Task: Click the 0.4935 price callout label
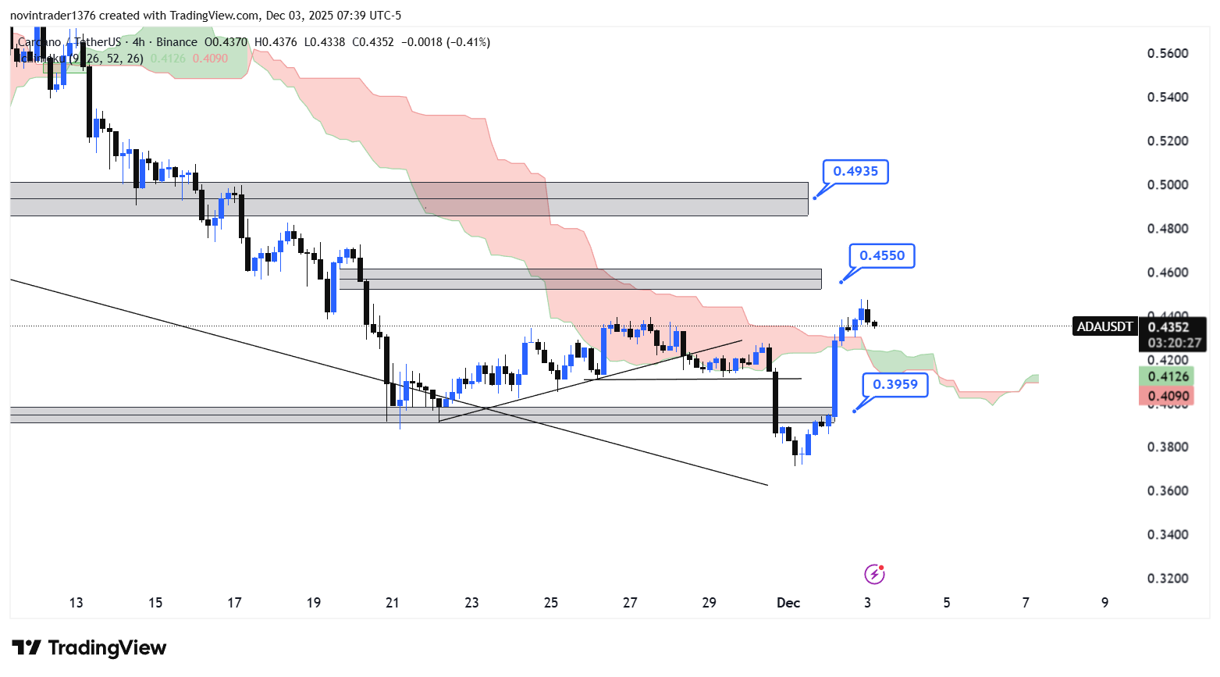coord(855,172)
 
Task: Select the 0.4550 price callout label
coord(882,256)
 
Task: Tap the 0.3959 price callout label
coord(895,385)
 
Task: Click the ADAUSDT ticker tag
coord(1104,327)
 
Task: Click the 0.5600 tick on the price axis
coord(1168,54)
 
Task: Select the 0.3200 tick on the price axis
coord(1168,579)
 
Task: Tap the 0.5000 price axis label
coord(1168,185)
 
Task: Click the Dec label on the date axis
coord(788,603)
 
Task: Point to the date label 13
coord(76,603)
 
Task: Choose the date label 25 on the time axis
coord(551,603)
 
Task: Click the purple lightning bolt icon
coord(874,575)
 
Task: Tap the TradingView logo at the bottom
coord(90,648)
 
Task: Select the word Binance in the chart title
coord(176,42)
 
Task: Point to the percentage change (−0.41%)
coord(468,42)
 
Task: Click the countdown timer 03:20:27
coord(1174,343)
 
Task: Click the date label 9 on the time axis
coord(1104,603)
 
